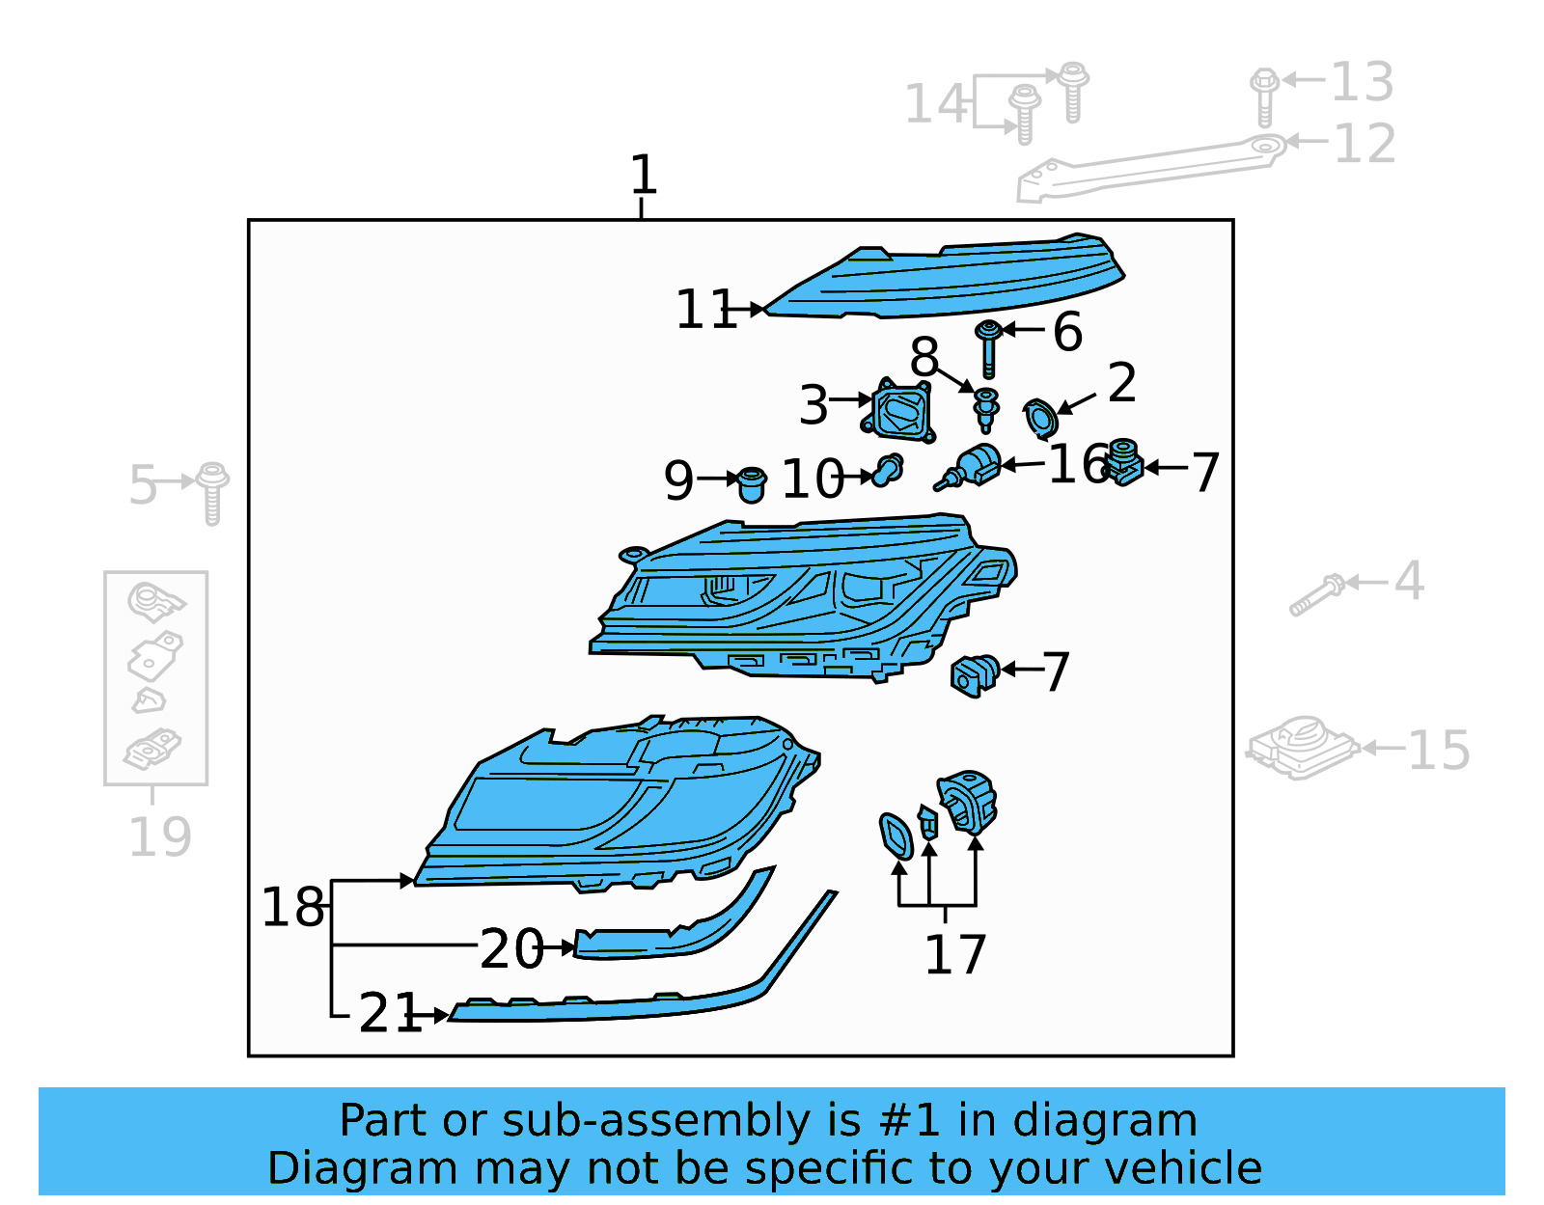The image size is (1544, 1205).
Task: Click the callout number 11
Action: point(705,310)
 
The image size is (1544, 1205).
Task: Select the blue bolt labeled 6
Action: point(987,347)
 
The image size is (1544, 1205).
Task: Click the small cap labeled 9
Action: point(752,483)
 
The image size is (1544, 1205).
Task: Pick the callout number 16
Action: point(1078,464)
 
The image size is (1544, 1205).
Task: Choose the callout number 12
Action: point(1364,144)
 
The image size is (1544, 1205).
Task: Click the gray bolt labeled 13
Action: point(1264,96)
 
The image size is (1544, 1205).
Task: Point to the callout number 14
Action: point(935,103)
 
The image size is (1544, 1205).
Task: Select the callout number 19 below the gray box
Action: point(159,835)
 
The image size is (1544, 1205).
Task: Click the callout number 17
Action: point(954,954)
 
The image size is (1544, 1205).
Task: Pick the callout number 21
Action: point(389,1013)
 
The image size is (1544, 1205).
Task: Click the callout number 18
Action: point(292,907)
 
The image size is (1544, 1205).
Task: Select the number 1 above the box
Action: point(643,175)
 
